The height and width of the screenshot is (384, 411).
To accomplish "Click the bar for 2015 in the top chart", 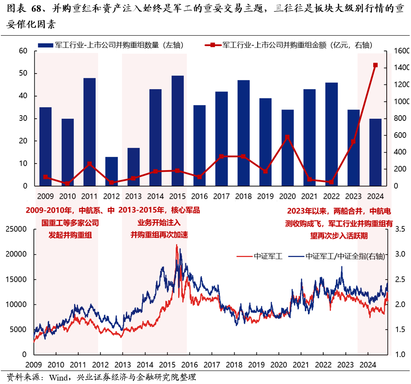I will coord(178,130).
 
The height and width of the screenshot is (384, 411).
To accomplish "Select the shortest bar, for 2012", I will coord(112,171).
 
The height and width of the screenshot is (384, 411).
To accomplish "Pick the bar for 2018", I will coord(244,133).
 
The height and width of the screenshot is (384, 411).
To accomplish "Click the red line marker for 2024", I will coord(375,65).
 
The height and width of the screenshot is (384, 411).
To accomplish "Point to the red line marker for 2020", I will coord(287,137).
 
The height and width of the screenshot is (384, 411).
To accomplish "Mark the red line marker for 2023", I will coord(353,141).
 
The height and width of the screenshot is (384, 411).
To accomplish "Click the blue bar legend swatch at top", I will coord(46,44).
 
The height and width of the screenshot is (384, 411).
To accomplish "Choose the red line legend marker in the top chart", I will coord(212,44).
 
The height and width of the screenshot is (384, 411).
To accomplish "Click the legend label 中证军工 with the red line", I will coord(268,257).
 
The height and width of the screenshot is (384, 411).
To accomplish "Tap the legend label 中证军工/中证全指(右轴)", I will coord(345,257).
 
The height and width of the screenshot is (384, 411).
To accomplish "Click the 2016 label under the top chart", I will coord(199,196).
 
